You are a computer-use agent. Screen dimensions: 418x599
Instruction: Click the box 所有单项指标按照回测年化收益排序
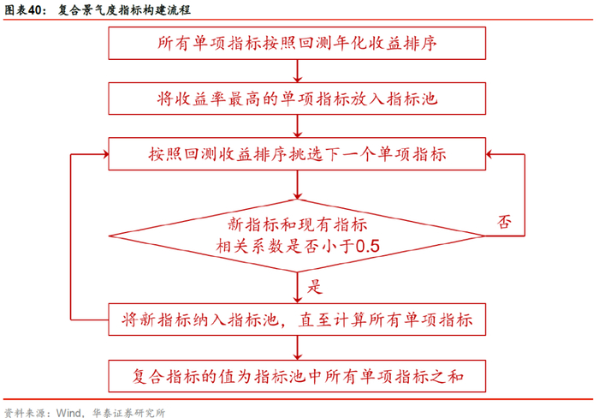pos(297,42)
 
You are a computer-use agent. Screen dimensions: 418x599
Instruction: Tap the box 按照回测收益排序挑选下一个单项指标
pos(297,155)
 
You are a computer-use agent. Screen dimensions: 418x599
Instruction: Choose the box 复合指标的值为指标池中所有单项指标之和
pos(297,375)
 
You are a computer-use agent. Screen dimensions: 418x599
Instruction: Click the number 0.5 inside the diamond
pos(367,247)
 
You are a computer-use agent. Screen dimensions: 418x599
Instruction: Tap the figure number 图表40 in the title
pos(23,10)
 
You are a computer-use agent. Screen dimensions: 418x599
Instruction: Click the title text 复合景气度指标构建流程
pos(124,10)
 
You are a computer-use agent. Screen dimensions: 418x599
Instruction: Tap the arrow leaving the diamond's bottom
pos(297,286)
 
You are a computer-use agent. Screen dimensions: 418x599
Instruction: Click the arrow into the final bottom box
pos(297,347)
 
